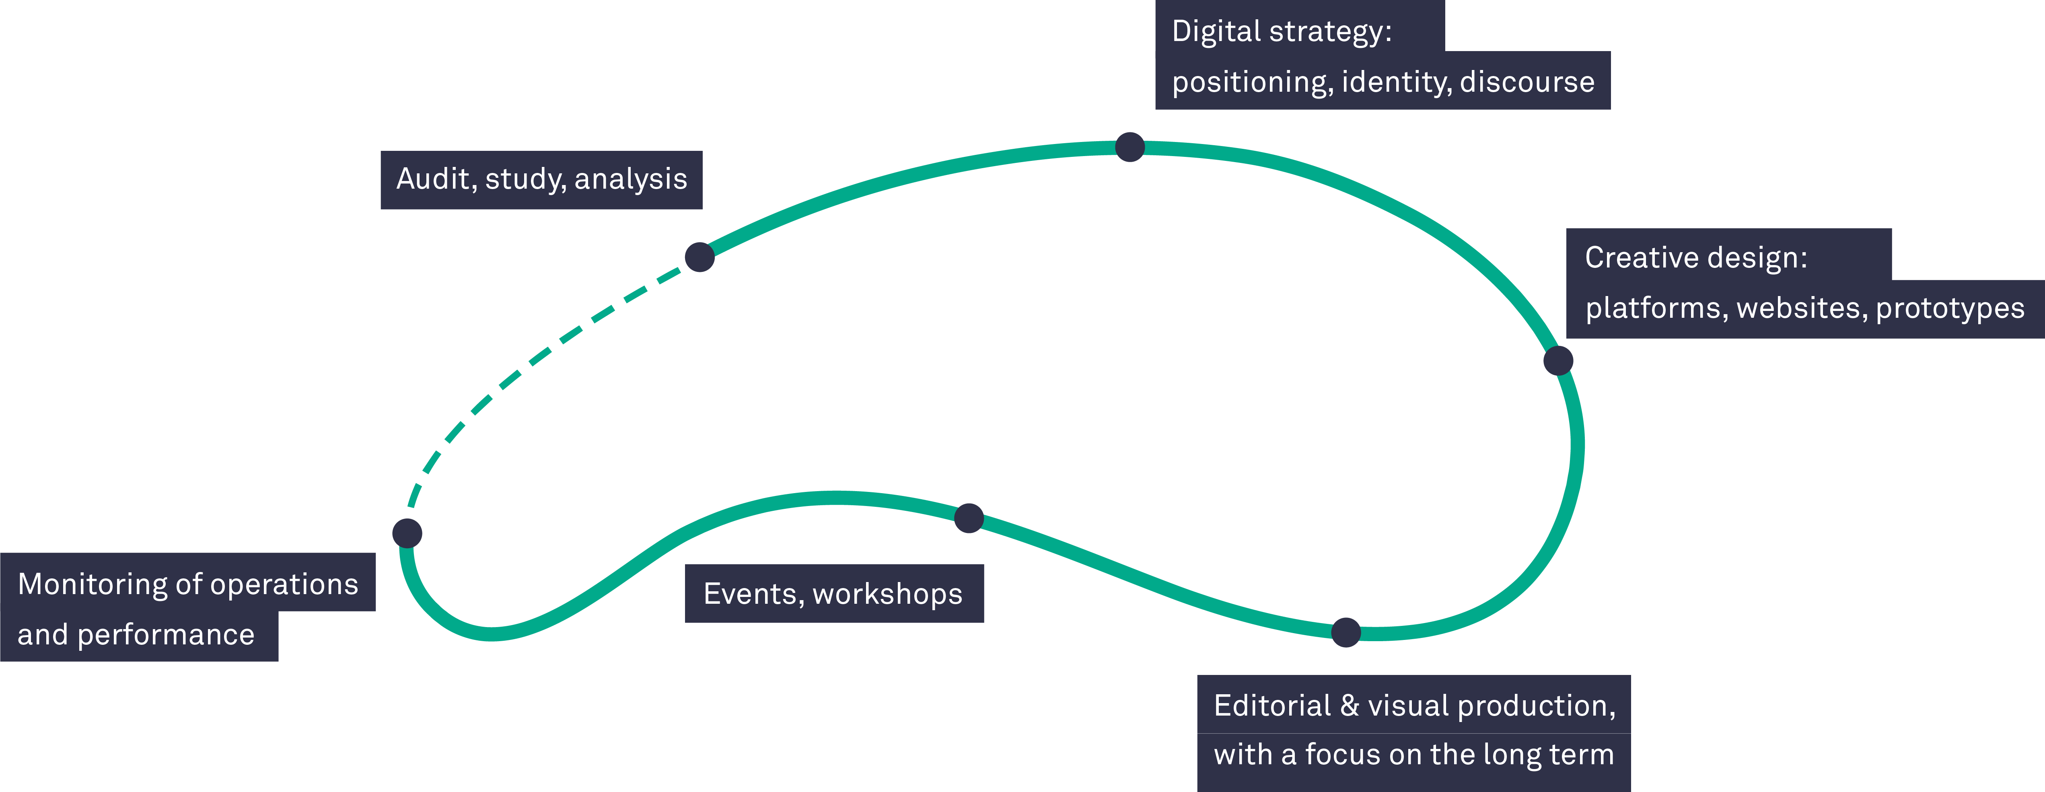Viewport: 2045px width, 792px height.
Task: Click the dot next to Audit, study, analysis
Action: point(699,257)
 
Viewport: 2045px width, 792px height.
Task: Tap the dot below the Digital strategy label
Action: point(1129,147)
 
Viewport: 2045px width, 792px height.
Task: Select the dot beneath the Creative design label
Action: point(1558,360)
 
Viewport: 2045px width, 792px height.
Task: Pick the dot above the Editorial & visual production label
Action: point(1346,632)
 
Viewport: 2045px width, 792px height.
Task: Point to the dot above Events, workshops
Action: point(969,518)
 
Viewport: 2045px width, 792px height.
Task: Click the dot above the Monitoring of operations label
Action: point(407,533)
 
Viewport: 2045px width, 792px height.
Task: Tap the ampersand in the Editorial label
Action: point(1350,706)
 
